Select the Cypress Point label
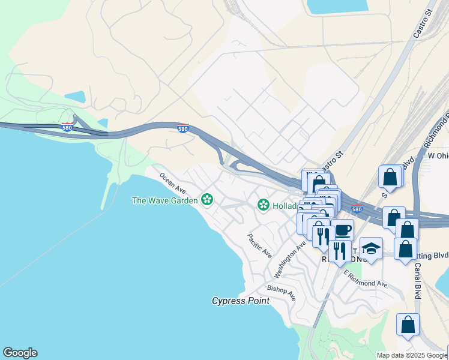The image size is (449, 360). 241,301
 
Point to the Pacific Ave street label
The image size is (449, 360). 260,246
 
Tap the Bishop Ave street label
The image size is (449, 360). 282,293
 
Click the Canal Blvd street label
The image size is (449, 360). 417,279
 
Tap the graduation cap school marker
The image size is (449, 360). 371,248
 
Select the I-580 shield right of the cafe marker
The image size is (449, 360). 357,209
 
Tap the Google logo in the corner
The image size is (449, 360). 20,353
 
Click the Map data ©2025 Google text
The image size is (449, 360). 412,355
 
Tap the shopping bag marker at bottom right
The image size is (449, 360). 408,325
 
